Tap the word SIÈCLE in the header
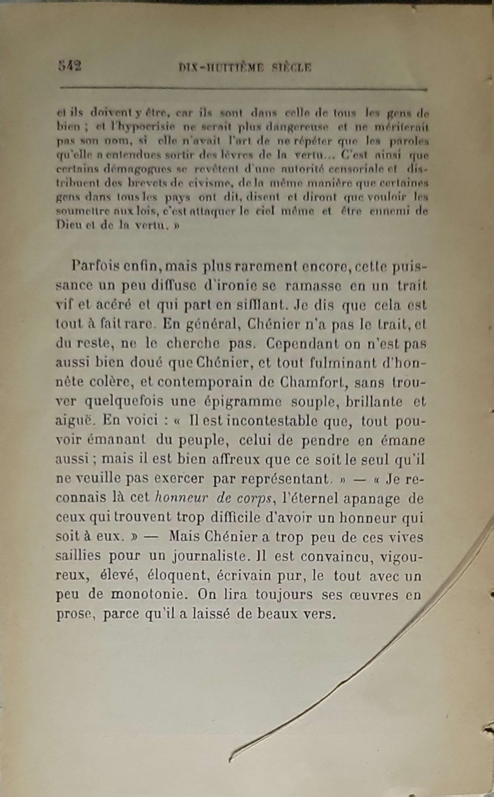click(291, 67)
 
